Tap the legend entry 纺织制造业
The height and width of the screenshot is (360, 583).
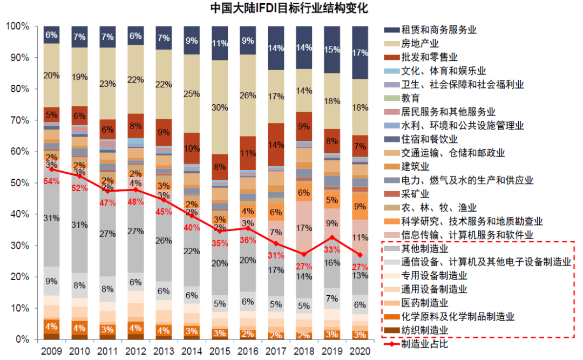pyautogui.click(x=425, y=330)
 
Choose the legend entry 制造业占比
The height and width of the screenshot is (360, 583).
pyautogui.click(x=425, y=343)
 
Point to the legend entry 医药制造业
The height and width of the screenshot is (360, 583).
pyautogui.click(x=425, y=303)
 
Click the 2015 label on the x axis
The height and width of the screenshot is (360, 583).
pyautogui.click(x=220, y=351)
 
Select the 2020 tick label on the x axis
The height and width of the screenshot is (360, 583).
pyautogui.click(x=360, y=351)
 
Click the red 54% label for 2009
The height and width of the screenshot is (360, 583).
pyautogui.click(x=51, y=180)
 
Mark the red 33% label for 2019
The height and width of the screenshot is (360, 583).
pyautogui.click(x=332, y=249)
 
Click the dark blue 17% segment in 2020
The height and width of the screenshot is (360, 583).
pyautogui.click(x=360, y=53)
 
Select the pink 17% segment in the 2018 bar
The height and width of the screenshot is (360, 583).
pyautogui.click(x=304, y=228)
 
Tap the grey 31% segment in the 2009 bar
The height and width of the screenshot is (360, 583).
pyautogui.click(x=52, y=218)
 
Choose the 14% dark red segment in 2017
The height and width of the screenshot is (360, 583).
pyautogui.click(x=276, y=145)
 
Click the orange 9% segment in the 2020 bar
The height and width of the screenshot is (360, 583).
pyautogui.click(x=360, y=206)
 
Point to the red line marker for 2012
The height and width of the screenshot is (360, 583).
pyautogui.click(x=135, y=189)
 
